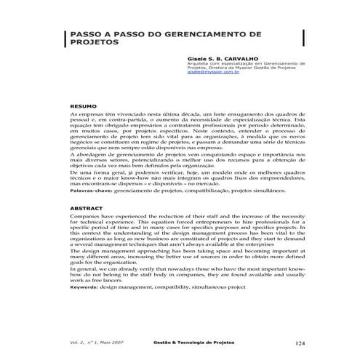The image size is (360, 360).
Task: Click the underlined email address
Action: click(213, 73)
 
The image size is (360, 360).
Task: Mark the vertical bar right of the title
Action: click(303, 38)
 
